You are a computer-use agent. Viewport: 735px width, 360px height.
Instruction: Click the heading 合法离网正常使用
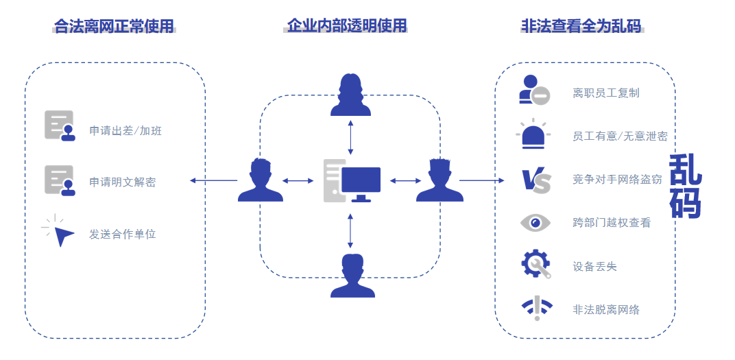coord(115,26)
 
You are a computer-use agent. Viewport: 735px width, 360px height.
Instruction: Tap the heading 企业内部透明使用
coord(347,26)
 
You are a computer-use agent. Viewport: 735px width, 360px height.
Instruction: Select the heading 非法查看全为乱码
coord(581,26)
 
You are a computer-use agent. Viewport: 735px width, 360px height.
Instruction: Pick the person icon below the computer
coord(352,275)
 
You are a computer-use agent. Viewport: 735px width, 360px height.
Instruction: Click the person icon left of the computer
coord(261,180)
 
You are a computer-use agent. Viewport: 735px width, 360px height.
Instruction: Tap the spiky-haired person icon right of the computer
coord(439,180)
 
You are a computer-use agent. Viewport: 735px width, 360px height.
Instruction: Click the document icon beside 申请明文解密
coord(60,180)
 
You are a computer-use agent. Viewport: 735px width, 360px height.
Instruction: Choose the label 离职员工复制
coord(606,93)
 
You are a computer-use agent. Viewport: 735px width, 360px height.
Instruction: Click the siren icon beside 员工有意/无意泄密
coord(535,134)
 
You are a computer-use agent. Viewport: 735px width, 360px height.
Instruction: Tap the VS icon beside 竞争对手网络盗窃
coord(535,180)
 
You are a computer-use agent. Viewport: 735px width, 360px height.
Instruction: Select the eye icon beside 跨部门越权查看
coord(535,222)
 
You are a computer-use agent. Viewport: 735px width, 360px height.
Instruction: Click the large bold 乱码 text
coord(685,186)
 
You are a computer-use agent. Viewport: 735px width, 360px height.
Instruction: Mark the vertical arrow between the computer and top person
coord(351,137)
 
